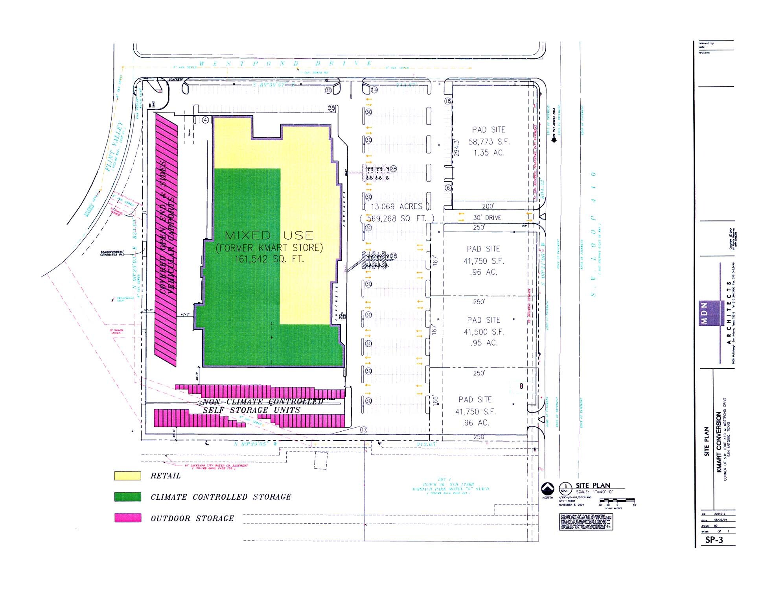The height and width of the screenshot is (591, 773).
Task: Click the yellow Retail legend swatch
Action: click(x=127, y=476)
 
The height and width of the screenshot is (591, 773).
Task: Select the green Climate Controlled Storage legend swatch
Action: click(x=127, y=497)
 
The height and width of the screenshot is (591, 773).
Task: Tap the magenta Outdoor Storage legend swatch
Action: click(x=127, y=518)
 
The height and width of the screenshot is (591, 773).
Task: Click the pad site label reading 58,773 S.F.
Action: click(x=489, y=142)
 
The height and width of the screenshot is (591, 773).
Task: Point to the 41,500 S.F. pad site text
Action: click(x=484, y=332)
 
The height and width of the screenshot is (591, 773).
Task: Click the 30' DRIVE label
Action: click(x=487, y=218)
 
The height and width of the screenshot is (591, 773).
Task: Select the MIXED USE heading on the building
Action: click(x=269, y=235)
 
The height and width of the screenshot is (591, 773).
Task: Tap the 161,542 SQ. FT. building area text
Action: click(x=269, y=259)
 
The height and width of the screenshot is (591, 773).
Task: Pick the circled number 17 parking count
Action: click(x=364, y=430)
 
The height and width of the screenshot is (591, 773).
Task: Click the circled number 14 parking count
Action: click(x=374, y=90)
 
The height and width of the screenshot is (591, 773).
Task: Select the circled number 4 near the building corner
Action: click(x=206, y=120)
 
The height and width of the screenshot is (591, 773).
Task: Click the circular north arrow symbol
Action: click(x=548, y=488)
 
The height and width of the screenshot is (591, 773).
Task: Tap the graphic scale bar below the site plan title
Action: click(x=617, y=501)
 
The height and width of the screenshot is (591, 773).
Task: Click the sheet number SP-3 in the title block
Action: click(x=714, y=540)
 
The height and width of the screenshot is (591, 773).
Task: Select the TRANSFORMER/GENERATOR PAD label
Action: click(x=112, y=253)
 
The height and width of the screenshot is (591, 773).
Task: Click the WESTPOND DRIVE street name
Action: click(x=286, y=63)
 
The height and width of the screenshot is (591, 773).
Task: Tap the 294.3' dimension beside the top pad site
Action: click(x=456, y=148)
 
